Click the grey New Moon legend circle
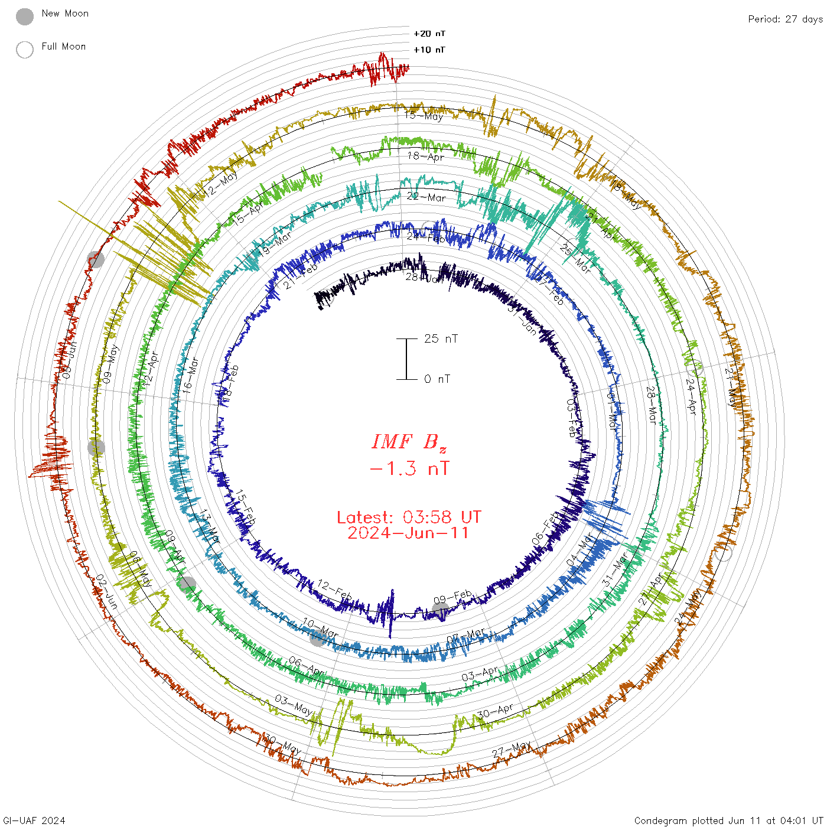point(25,17)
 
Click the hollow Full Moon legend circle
point(25,50)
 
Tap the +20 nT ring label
point(429,34)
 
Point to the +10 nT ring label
point(429,50)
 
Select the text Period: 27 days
point(785,19)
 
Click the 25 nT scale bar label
point(441,338)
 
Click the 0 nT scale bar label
point(437,379)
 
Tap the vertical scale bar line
point(406,359)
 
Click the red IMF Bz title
point(409,442)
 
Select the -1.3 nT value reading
point(409,469)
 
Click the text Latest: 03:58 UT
point(409,517)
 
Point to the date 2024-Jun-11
point(409,533)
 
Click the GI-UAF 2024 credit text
point(34,821)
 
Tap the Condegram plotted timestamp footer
point(728,821)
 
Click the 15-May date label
point(424,116)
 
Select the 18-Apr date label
point(425,157)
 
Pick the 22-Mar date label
point(426,197)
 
